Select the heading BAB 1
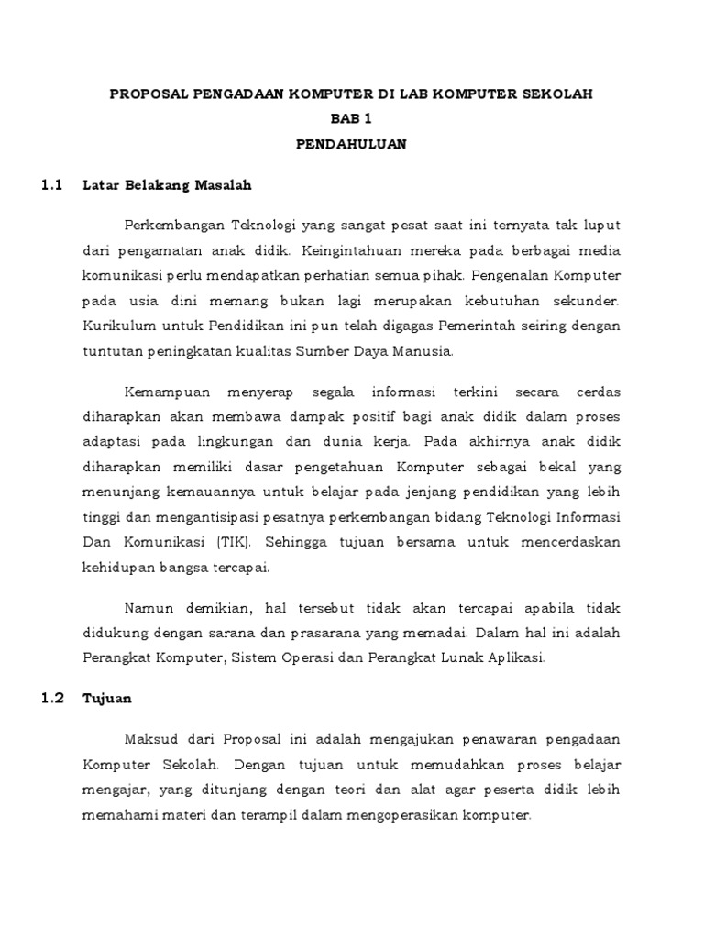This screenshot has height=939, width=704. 352,119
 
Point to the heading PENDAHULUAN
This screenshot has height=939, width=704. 352,144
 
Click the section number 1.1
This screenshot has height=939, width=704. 51,185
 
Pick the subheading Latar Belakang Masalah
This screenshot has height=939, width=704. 167,185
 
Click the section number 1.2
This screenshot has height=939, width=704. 51,698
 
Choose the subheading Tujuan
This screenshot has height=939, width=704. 107,698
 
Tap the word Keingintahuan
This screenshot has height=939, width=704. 348,249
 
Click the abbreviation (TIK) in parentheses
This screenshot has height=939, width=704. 234,542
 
